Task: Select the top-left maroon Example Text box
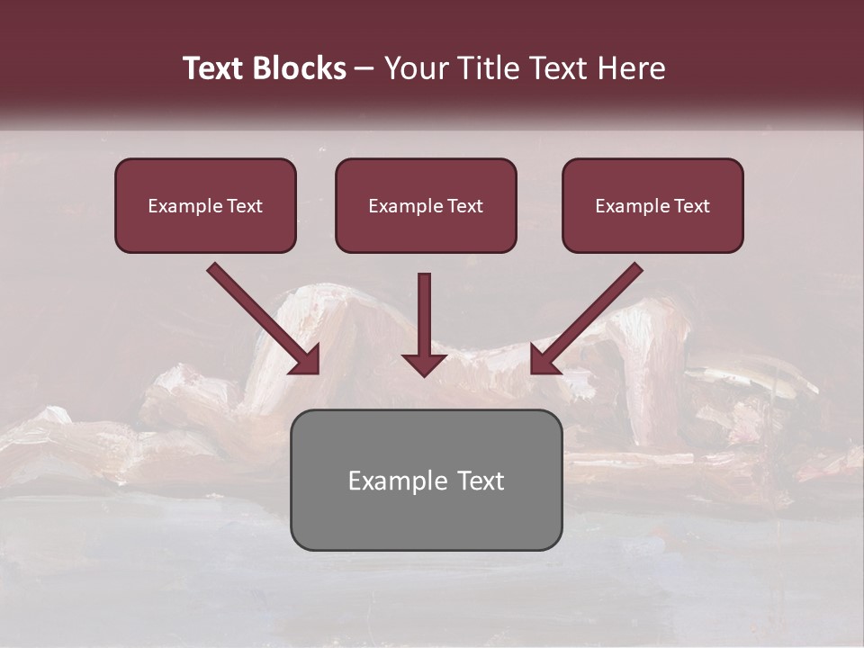[x=205, y=205]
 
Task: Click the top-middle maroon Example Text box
[x=426, y=205]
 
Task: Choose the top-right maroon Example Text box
[x=652, y=205]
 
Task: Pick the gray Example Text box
[x=426, y=480]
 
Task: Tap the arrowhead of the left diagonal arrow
[x=306, y=360]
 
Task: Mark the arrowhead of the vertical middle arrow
[x=424, y=364]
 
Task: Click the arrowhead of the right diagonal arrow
[x=544, y=360]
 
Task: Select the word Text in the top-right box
[x=691, y=206]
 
